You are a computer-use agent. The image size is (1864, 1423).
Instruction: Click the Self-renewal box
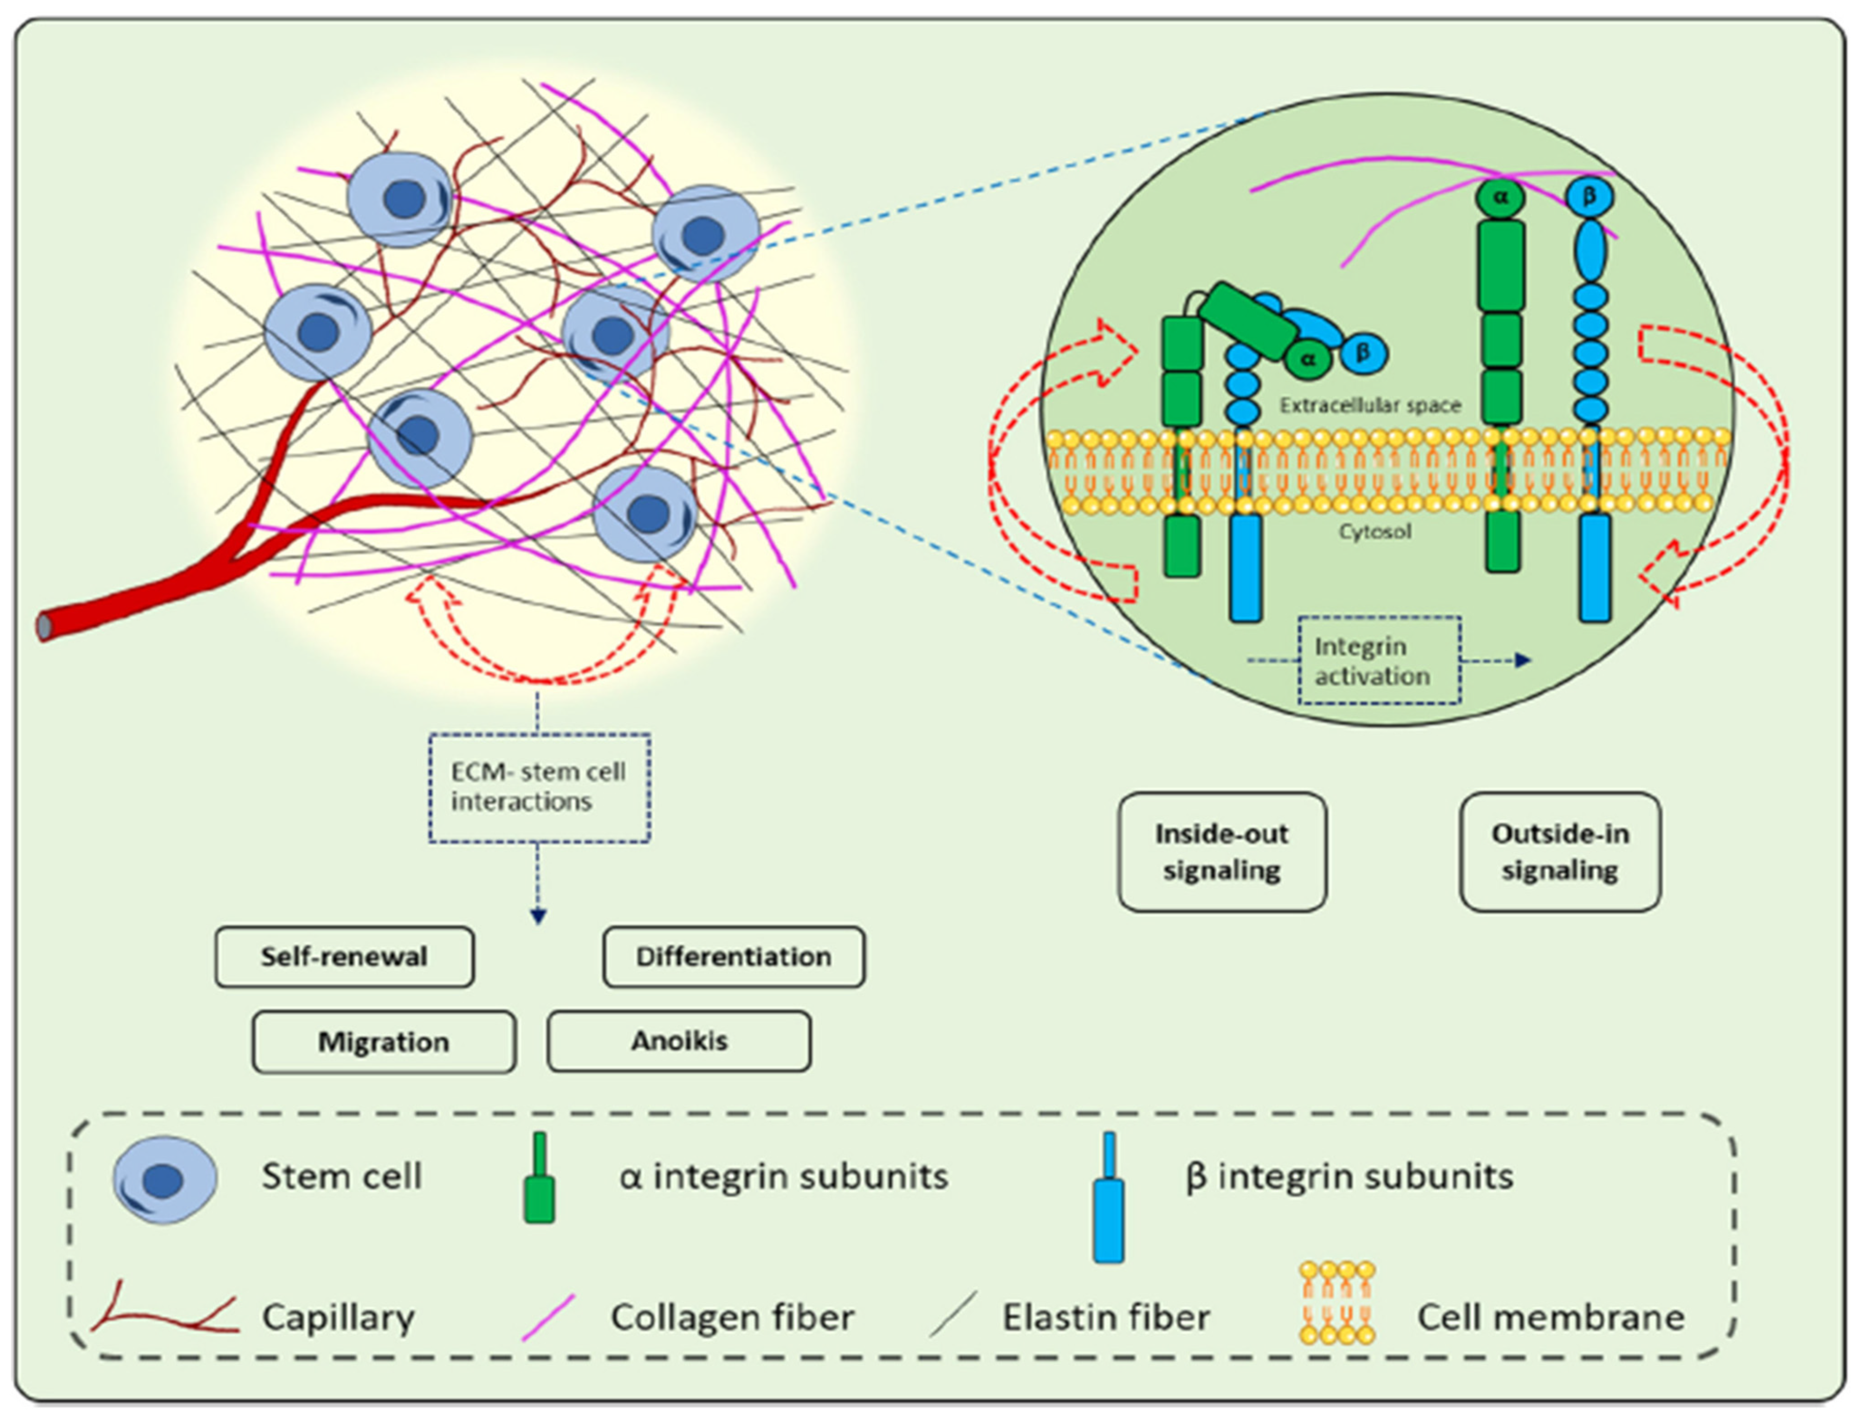344,957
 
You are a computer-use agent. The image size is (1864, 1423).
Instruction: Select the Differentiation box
734,957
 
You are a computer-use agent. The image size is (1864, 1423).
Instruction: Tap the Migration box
384,1042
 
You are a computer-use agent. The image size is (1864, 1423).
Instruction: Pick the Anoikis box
678,1041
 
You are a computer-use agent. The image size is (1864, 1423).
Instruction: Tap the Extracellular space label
1370,406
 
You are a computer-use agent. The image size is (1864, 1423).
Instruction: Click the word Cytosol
1375,532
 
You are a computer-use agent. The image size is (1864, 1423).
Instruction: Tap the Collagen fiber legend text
732,1317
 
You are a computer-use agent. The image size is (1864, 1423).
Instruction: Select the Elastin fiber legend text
1106,1317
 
